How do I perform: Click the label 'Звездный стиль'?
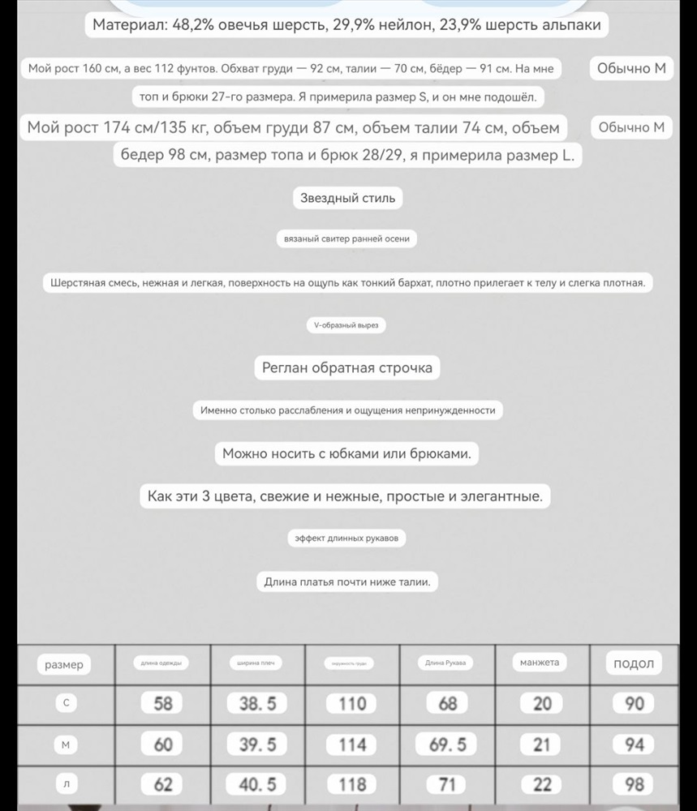(x=348, y=198)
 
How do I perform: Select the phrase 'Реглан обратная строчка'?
(x=347, y=367)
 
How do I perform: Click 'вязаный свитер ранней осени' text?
(x=347, y=239)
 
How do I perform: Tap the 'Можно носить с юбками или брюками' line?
(x=346, y=453)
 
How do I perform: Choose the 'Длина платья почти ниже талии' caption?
(x=347, y=581)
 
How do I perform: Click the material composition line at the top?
(x=346, y=25)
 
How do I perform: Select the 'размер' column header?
(x=64, y=665)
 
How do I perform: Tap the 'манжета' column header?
(x=540, y=663)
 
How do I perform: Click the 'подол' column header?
(x=634, y=663)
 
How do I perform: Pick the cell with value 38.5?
(x=257, y=704)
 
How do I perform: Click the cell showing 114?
(x=352, y=744)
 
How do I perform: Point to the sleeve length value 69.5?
(x=447, y=744)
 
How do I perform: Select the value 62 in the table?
(x=163, y=784)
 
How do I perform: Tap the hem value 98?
(x=635, y=784)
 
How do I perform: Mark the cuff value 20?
(x=542, y=704)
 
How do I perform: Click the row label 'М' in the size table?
(x=66, y=744)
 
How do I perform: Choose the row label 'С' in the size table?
(x=66, y=704)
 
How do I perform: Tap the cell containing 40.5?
(x=257, y=784)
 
